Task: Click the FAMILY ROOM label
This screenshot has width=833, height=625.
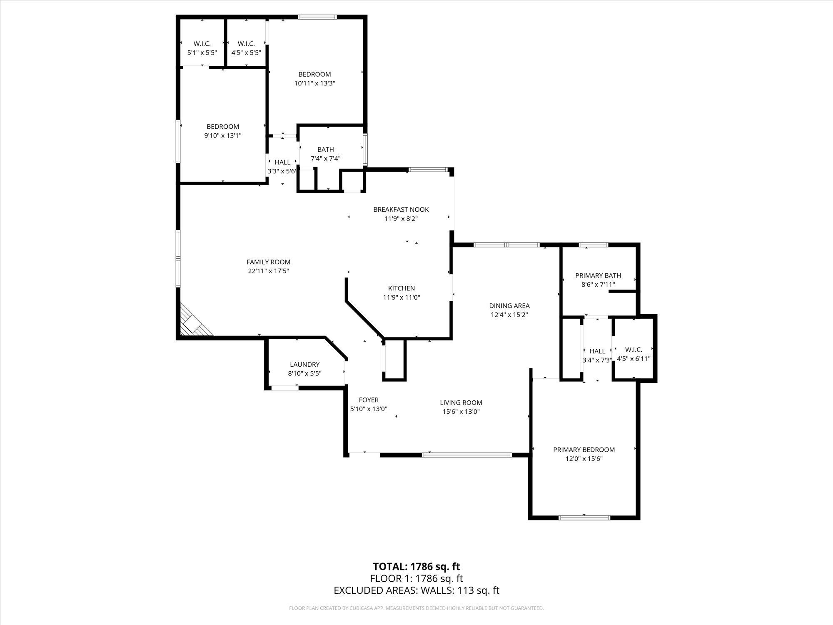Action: (268, 262)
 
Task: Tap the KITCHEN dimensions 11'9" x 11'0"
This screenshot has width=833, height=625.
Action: (401, 297)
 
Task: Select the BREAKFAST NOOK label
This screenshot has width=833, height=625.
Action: (401, 210)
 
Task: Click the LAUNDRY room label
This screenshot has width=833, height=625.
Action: (304, 365)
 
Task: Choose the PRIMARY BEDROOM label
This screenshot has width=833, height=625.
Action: (584, 450)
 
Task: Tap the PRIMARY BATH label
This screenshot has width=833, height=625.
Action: (598, 275)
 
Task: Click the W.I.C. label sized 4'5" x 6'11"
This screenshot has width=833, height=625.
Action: (633, 350)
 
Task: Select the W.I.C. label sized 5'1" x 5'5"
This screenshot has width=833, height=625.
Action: (202, 44)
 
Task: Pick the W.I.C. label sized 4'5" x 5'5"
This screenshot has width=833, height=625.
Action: (246, 44)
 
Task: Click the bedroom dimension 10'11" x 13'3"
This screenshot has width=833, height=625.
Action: (314, 83)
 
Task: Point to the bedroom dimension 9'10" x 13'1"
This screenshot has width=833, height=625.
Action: (223, 136)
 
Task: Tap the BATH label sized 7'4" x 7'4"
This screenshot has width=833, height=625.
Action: (325, 150)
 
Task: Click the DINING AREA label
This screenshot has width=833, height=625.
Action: (509, 306)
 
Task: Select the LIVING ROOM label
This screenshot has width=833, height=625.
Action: (461, 402)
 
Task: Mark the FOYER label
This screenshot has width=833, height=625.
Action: (369, 400)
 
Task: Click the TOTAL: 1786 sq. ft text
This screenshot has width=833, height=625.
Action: (416, 567)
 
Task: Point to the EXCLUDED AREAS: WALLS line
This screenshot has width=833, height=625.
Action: (416, 590)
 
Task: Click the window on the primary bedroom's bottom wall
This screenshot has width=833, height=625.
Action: (584, 518)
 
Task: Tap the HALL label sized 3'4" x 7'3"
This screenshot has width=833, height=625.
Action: (597, 351)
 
